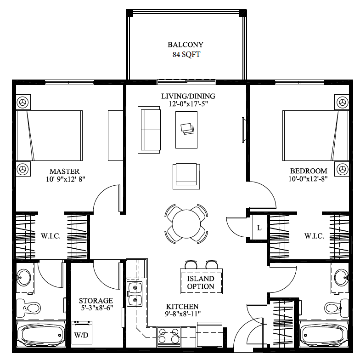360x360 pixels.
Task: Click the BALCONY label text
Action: click(x=186, y=45)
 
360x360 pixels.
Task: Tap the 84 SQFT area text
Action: click(x=186, y=55)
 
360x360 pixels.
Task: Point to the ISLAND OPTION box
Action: click(x=201, y=282)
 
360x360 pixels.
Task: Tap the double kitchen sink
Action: click(x=134, y=294)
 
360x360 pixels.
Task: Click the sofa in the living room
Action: click(x=150, y=130)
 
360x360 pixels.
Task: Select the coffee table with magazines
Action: click(x=186, y=129)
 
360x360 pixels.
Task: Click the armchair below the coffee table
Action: click(x=186, y=176)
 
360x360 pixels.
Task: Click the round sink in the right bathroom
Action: click(x=341, y=277)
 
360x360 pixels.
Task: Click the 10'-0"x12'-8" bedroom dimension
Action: click(x=308, y=179)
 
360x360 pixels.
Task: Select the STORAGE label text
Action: click(x=96, y=301)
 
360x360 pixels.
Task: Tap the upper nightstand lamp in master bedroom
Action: click(x=22, y=102)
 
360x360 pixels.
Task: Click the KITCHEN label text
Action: click(x=182, y=306)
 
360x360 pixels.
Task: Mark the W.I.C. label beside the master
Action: click(x=51, y=236)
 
